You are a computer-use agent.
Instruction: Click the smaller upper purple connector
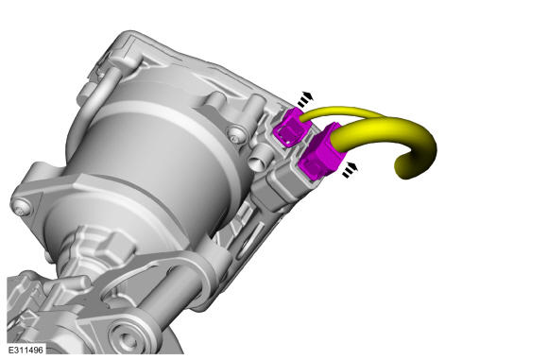[291, 128]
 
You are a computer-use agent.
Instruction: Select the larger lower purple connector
[321, 152]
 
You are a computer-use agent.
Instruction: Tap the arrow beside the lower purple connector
[350, 170]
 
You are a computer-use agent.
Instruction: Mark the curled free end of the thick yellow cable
[407, 166]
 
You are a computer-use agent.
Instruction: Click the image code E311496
[26, 350]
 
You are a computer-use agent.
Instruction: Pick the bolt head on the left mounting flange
[21, 208]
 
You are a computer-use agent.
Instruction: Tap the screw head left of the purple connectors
[235, 133]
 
